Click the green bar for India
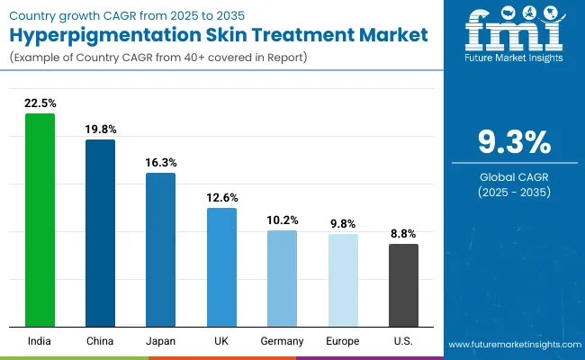point(40,220)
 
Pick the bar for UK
point(221,266)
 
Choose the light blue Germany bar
point(283,278)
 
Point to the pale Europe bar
point(343,280)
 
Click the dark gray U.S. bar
point(403,284)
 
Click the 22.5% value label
point(40,103)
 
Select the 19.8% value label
point(100,129)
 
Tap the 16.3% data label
point(161,163)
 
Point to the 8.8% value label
point(403,233)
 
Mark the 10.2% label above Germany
point(283,220)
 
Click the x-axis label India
point(40,341)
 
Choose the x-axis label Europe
point(343,341)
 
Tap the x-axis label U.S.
point(403,341)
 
